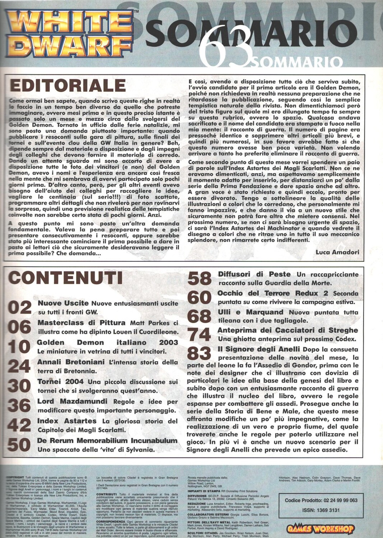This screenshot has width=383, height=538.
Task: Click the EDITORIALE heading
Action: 67,86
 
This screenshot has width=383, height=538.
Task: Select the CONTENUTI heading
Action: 66,278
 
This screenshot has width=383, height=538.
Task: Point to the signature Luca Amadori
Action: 337,252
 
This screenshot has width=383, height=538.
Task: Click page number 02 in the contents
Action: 20,308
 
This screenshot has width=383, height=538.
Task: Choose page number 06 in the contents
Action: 20,327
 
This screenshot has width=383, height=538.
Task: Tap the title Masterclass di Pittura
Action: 81,322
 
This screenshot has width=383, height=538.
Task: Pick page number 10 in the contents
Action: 20,346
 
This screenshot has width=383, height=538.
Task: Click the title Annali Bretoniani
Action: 71,362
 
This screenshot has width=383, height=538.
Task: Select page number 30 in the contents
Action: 20,386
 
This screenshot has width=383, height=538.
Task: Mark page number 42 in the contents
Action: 20,425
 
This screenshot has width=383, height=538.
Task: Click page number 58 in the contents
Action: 199,278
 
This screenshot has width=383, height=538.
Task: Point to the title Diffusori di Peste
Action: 254,274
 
